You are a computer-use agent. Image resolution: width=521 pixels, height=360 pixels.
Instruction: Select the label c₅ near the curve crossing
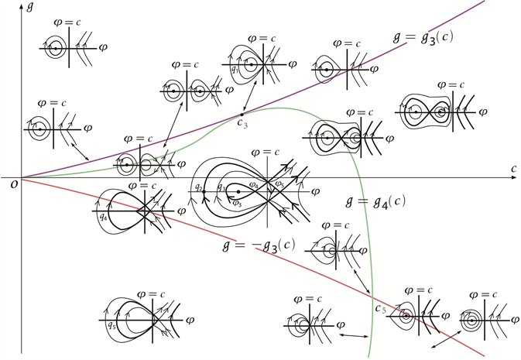click(x=381, y=309)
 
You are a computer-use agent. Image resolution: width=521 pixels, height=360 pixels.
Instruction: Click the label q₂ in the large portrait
click(x=199, y=188)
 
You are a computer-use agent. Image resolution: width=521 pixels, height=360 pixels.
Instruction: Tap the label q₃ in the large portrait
click(x=221, y=188)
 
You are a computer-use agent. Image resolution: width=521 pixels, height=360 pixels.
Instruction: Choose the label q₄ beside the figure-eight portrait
click(x=103, y=216)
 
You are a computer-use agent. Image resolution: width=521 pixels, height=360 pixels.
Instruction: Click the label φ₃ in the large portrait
click(x=237, y=203)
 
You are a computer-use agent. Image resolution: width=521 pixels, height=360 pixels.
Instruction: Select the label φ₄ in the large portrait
click(x=255, y=184)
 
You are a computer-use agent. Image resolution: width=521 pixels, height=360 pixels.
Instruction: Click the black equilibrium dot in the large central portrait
click(x=238, y=191)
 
